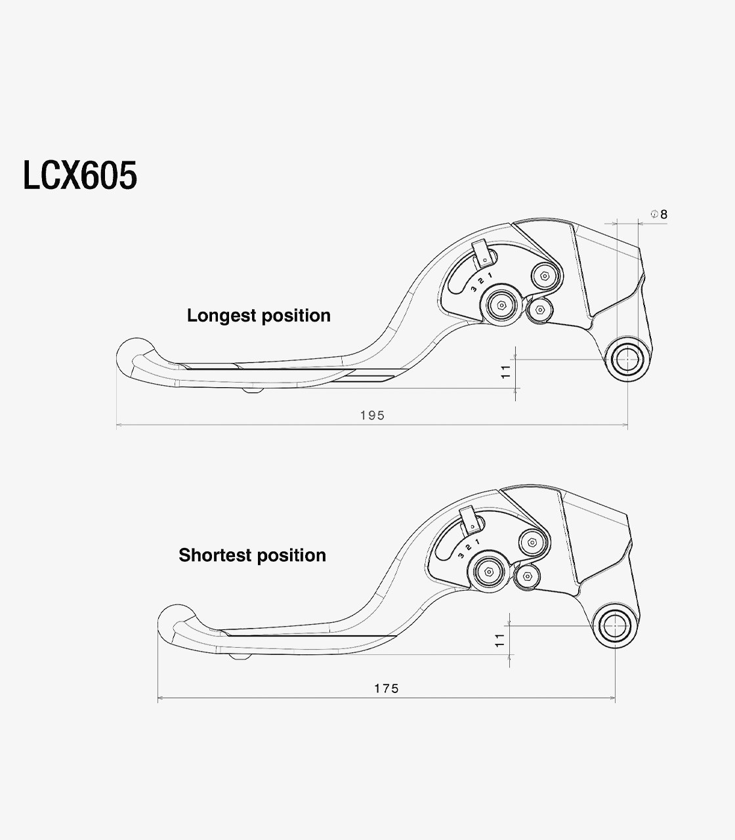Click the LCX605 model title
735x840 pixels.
coord(80,175)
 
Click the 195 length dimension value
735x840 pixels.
coord(373,415)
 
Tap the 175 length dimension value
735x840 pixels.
coord(387,688)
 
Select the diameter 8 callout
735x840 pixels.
coord(659,215)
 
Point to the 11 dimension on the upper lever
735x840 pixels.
coord(505,372)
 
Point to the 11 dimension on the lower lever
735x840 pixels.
coord(499,640)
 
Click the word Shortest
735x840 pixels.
coord(215,555)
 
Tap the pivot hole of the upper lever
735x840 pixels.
coord(627,359)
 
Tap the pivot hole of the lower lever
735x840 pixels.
coord(615,626)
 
